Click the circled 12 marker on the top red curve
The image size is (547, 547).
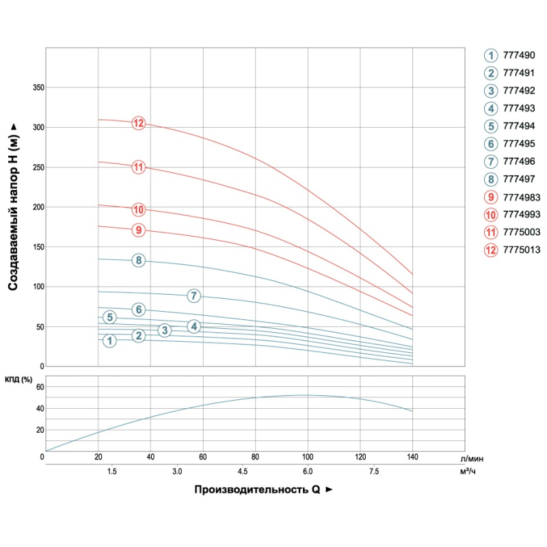point(139,124)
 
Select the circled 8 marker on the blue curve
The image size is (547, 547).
point(139,261)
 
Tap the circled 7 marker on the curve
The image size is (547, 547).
point(194,296)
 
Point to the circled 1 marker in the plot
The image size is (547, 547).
point(109,341)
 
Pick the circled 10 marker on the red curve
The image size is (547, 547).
point(139,209)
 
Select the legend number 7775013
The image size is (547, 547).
point(522,250)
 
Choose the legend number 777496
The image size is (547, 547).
point(519,162)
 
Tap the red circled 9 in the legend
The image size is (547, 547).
point(490,197)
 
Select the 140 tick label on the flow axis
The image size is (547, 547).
point(412,457)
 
